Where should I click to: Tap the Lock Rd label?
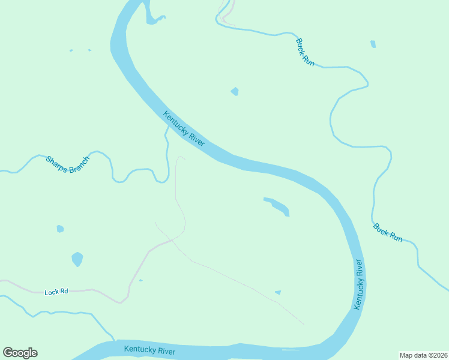[56, 292]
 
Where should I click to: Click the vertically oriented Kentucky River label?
[358, 284]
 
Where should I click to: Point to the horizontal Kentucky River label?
[149, 350]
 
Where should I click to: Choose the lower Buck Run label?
[388, 232]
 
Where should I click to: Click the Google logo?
[20, 353]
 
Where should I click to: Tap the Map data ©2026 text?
[423, 355]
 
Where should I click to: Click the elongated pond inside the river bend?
[277, 206]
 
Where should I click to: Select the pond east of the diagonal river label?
[235, 91]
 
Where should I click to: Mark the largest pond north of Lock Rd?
[77, 259]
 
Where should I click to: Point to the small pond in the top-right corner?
[373, 44]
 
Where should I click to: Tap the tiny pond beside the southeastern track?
[278, 292]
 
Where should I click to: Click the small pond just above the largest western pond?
[60, 229]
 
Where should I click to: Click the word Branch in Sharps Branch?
[78, 169]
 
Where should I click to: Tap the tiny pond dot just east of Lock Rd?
[140, 280]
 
